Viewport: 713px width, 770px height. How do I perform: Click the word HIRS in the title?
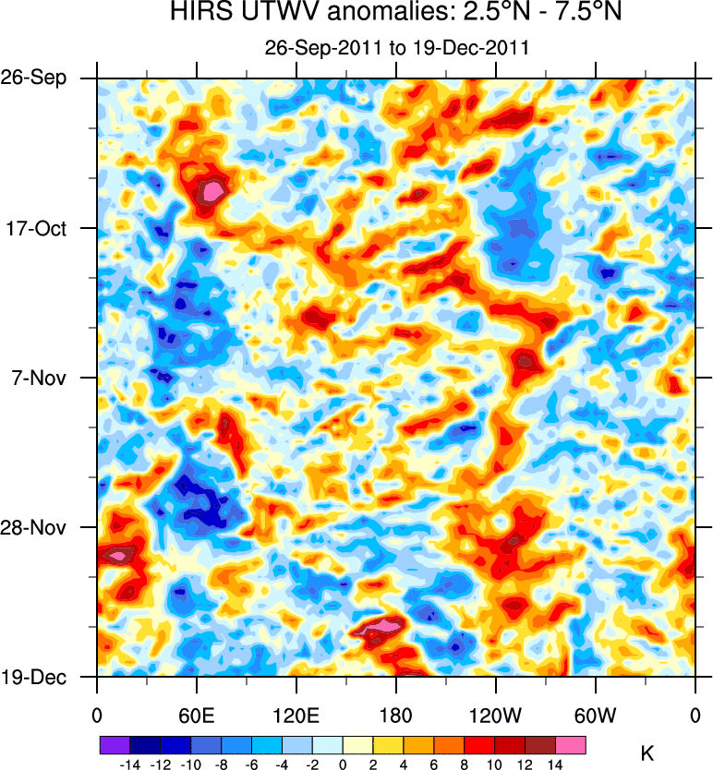(x=198, y=13)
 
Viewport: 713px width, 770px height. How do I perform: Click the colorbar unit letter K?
(x=647, y=754)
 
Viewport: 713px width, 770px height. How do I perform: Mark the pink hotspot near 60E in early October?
(x=213, y=191)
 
